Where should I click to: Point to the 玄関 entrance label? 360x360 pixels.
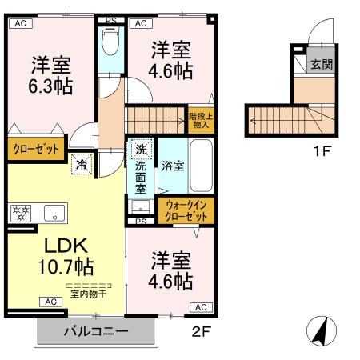tap(322, 64)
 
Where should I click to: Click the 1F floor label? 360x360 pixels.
tap(322, 150)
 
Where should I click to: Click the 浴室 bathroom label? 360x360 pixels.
tap(173, 166)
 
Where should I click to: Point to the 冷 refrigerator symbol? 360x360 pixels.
tap(82, 164)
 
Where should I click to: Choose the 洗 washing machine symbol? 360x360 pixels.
tap(140, 150)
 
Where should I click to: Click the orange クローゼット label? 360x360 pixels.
tap(34, 148)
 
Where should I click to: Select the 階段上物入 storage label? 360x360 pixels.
tap(200, 119)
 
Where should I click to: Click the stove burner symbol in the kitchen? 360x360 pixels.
tap(19, 213)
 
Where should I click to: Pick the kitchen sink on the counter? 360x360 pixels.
tap(54, 213)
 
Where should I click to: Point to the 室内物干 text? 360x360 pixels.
tap(88, 294)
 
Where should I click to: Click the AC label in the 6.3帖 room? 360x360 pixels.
tap(20, 23)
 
